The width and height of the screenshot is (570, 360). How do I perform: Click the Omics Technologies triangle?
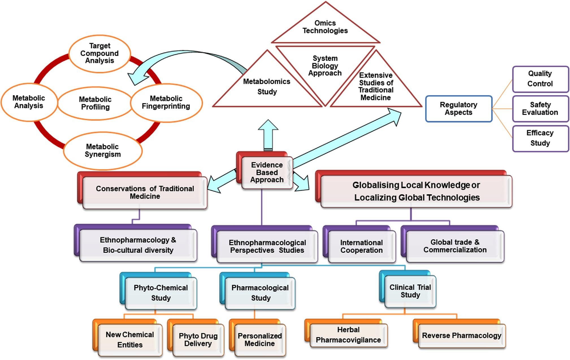pyautogui.click(x=325, y=27)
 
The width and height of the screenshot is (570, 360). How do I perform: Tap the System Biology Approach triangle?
pyautogui.click(x=325, y=66)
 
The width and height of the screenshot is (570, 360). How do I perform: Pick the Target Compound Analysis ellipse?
pyautogui.click(x=99, y=53)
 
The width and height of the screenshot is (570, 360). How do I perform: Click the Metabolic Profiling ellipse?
pyautogui.click(x=95, y=103)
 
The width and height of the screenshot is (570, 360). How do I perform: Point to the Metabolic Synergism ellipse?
pyautogui.click(x=103, y=151)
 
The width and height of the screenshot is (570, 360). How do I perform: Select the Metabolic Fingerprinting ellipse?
pyautogui.click(x=166, y=102)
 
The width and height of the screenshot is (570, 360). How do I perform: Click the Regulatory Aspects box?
pyautogui.click(x=459, y=109)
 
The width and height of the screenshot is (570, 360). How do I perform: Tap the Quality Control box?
pyautogui.click(x=540, y=79)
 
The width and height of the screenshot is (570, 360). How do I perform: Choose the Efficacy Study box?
pyautogui.click(x=540, y=138)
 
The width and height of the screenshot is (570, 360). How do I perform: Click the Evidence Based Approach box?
pyautogui.click(x=267, y=172)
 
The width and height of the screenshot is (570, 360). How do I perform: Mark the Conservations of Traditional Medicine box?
pyautogui.click(x=145, y=192)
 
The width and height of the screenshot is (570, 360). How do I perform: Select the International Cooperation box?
pyautogui.click(x=361, y=246)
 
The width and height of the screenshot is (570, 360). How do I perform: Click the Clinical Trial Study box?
pyautogui.click(x=410, y=291)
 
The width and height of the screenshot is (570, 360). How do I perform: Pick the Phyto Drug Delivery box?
pyautogui.click(x=198, y=340)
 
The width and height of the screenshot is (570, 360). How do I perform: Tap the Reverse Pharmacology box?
pyautogui.click(x=461, y=336)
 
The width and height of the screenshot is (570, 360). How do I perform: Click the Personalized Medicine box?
pyautogui.click(x=260, y=340)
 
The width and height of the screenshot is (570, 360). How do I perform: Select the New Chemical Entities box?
pyautogui.click(x=130, y=340)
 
